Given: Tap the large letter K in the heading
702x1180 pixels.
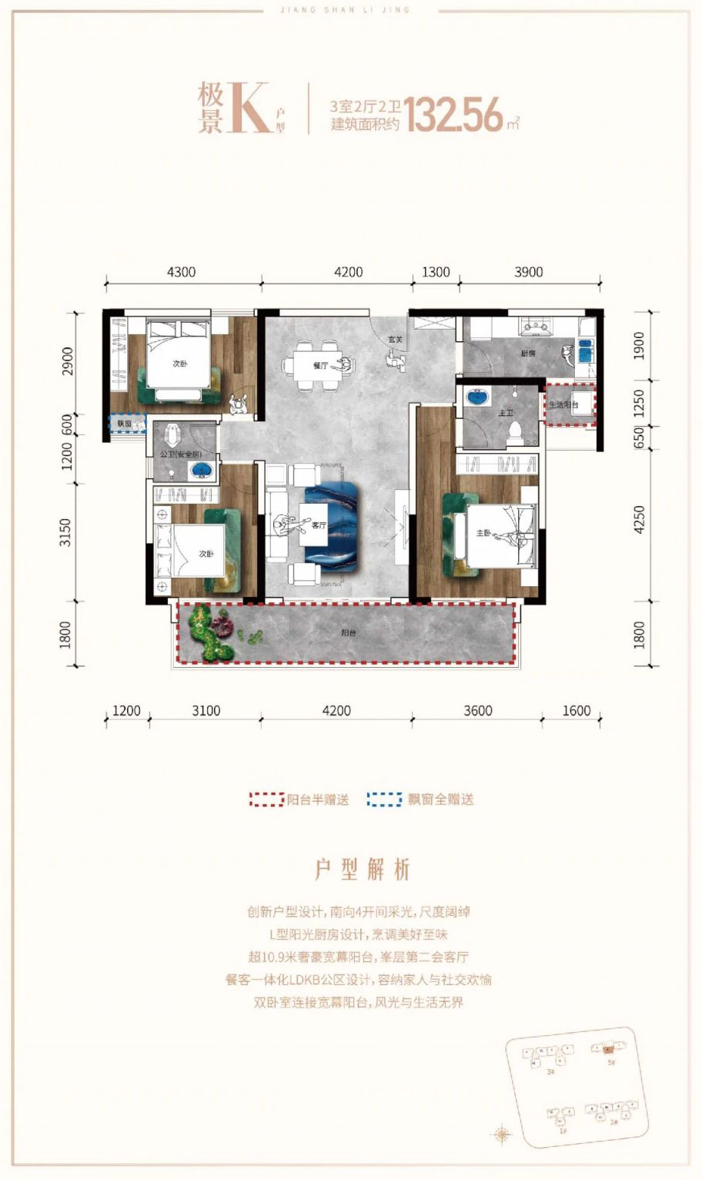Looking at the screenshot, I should coord(248,108).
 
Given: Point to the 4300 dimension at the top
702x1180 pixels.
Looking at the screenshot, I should coord(182,272).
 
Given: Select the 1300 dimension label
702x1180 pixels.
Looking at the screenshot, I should coord(436,272).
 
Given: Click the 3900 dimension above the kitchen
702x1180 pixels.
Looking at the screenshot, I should coord(528,272).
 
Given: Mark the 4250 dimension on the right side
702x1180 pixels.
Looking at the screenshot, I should coord(639,521).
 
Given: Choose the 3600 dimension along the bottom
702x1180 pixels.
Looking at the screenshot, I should coord(477,711).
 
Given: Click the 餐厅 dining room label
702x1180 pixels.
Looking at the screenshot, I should coord(321,366).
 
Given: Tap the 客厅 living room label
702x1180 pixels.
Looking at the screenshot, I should coord(319,525).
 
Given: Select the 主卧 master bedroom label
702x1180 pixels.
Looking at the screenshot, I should coord(483,532).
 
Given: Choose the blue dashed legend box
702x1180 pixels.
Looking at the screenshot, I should coord(384,800).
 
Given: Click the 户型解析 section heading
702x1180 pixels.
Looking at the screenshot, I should coord(362,870).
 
